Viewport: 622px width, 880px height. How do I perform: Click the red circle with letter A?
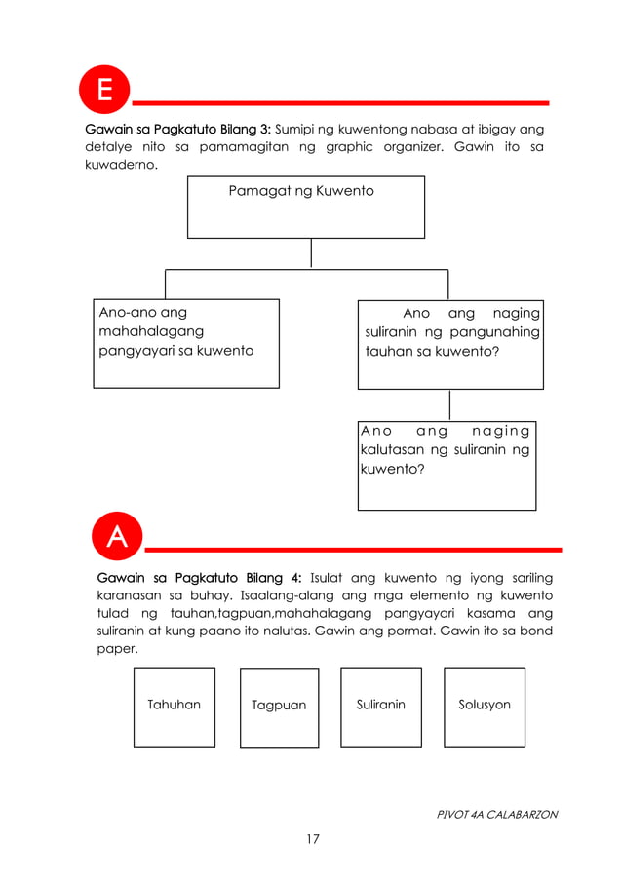(x=116, y=538)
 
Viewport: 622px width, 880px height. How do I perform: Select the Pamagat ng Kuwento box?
(x=306, y=207)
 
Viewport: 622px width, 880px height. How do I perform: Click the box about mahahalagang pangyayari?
(x=186, y=343)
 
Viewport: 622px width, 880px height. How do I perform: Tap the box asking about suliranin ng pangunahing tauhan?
(x=450, y=344)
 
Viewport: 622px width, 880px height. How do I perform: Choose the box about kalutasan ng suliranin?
(x=447, y=465)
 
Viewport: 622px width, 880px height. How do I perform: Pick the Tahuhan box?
(x=174, y=707)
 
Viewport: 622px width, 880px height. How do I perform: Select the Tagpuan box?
(x=279, y=708)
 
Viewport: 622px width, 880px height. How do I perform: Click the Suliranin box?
(x=380, y=707)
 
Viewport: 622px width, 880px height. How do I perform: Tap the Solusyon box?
(x=485, y=707)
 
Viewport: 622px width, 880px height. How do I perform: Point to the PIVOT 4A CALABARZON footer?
(x=496, y=814)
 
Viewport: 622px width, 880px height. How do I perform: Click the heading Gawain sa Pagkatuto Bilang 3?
(x=180, y=129)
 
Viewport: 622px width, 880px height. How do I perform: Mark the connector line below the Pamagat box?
(x=311, y=253)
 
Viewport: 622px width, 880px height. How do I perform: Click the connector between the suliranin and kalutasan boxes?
(x=449, y=404)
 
